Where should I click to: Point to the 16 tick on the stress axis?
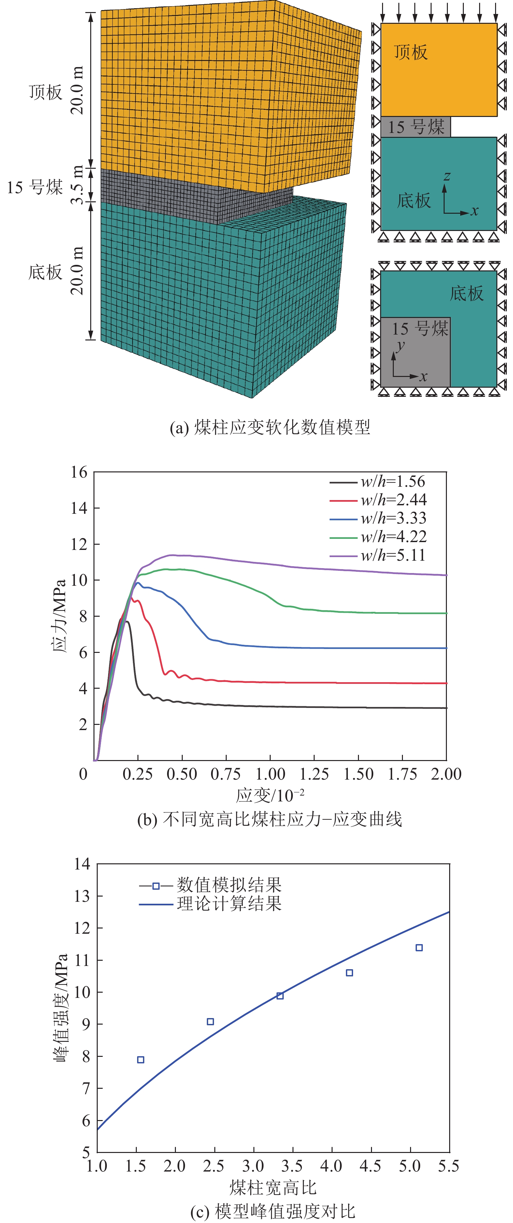click(x=79, y=472)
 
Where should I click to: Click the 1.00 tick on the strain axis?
click(x=270, y=774)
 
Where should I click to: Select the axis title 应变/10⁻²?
click(x=270, y=795)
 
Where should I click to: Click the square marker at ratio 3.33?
click(x=280, y=996)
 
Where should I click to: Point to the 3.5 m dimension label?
click(x=77, y=185)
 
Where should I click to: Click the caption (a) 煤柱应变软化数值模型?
click(x=270, y=427)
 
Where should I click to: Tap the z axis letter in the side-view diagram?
click(x=447, y=176)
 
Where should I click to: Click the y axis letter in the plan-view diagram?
click(x=401, y=345)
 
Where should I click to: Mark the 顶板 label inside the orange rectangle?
click(x=411, y=52)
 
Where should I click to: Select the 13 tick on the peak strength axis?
click(x=82, y=896)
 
